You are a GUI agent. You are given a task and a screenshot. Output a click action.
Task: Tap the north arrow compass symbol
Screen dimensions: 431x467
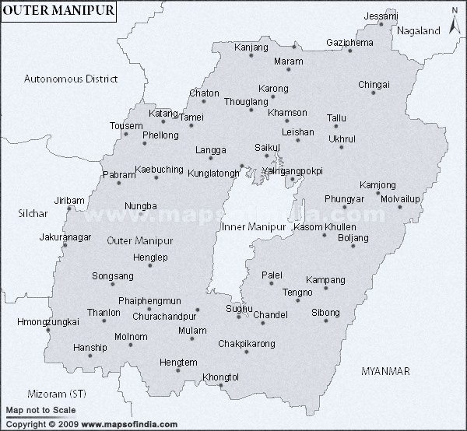coord(455,16)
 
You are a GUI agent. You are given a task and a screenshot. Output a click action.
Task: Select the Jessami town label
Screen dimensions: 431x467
coord(381,16)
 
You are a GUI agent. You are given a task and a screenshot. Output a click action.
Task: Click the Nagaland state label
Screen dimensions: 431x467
coord(418,31)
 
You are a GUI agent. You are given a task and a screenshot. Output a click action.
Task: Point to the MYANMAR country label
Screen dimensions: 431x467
coord(385,372)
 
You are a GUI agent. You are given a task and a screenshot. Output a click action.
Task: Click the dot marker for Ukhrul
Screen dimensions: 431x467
coord(341,149)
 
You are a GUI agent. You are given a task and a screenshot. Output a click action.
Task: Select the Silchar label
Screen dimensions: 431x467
coord(33,212)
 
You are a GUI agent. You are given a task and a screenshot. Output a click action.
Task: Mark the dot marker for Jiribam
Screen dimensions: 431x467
coord(69,208)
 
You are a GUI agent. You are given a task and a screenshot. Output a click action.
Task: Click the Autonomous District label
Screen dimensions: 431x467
coord(70,79)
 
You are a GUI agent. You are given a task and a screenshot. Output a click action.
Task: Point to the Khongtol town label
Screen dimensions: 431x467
coord(220,377)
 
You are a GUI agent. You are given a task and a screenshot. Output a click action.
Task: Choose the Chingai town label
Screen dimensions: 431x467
coord(374,84)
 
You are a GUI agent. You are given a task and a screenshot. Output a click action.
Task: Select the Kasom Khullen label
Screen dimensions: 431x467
coord(325,226)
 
